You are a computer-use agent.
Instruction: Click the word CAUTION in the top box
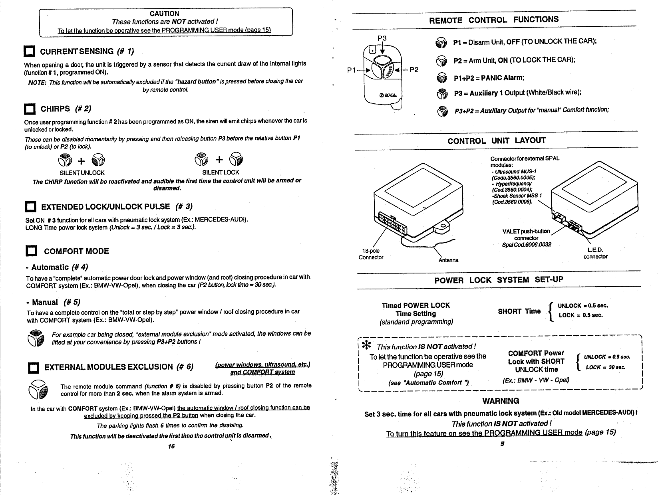pos(164,14)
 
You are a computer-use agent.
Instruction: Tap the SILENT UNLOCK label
pos(82,173)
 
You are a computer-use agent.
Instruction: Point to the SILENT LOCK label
pos(221,172)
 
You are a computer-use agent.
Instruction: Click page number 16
pos(171,446)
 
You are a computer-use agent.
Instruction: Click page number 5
pos(502,444)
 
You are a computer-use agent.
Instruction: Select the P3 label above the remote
pos(382,38)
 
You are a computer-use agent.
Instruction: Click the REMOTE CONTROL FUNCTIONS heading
pos(493,20)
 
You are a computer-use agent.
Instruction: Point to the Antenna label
pos(448,261)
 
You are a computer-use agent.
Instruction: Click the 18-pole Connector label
pos(371,254)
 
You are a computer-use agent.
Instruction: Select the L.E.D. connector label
pos(595,253)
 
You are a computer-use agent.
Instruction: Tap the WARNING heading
pos(501,401)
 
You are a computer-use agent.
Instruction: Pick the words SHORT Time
pos(519,311)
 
